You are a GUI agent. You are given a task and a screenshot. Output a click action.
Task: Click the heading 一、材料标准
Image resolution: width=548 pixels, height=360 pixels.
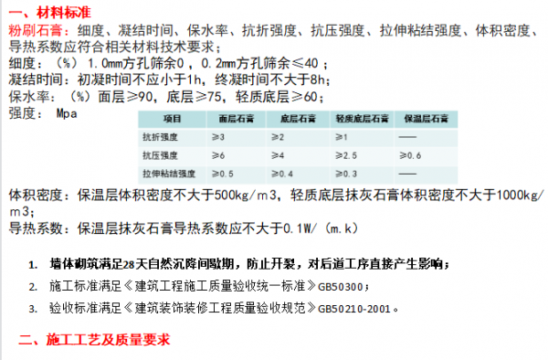point(54,12)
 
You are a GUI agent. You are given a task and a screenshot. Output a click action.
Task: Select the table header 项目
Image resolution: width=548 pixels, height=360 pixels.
point(174,119)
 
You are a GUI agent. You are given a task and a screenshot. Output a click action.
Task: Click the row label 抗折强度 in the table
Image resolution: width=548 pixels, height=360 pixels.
point(157,136)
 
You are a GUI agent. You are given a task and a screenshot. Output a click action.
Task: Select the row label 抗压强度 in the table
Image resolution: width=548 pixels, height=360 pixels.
point(157,154)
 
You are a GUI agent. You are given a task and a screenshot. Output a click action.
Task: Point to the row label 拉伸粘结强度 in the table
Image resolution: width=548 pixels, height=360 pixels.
point(163,173)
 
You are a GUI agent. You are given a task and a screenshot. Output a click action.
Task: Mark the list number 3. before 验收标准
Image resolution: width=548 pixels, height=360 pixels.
point(33,308)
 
